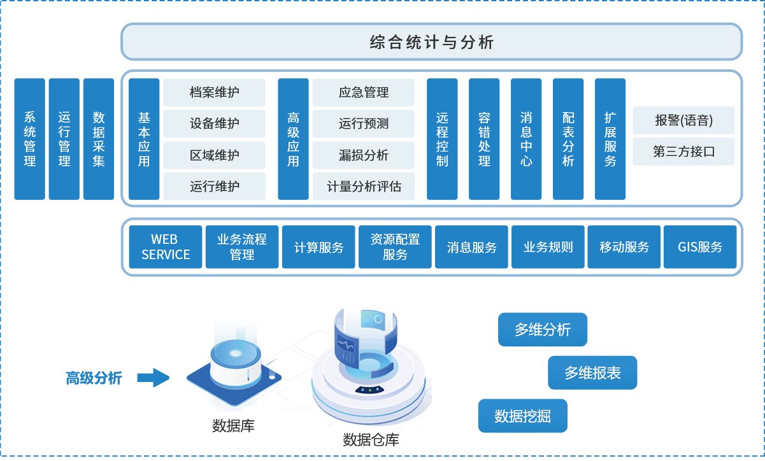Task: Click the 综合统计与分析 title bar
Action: [431, 42]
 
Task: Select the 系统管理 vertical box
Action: [30, 139]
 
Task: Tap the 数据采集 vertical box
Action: [99, 139]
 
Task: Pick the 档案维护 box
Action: [214, 92]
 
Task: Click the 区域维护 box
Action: [214, 155]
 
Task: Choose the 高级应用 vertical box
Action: [293, 139]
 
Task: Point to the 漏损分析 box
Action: [363, 155]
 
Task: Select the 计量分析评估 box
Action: [363, 186]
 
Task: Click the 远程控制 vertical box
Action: [442, 139]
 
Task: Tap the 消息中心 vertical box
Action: [526, 139]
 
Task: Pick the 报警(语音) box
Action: [683, 120]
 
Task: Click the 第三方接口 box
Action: [683, 152]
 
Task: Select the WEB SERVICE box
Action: [166, 247]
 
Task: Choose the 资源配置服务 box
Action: [395, 247]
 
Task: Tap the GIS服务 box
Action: [700, 247]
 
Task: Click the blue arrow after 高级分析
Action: [153, 378]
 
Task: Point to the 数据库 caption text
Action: [233, 425]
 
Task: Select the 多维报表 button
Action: [592, 372]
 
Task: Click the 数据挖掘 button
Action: [522, 416]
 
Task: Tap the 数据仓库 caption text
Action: [371, 439]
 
